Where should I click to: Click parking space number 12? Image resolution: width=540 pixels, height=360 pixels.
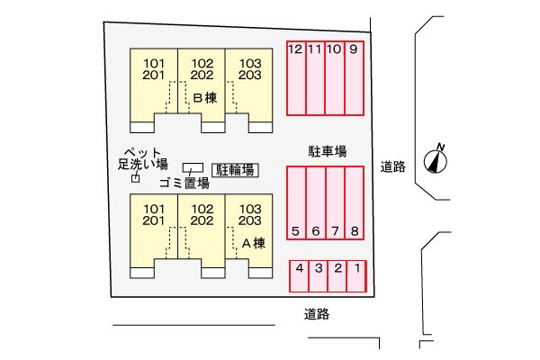(296, 78)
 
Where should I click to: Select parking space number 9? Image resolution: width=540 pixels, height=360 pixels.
(354, 78)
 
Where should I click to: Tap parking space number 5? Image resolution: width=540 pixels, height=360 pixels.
(296, 202)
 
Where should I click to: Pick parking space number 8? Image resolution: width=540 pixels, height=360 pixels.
(355, 202)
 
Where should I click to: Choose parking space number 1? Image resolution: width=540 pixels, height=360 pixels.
(357, 275)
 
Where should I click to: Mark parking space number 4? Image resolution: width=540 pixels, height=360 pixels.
(299, 275)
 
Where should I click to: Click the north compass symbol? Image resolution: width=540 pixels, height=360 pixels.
(437, 159)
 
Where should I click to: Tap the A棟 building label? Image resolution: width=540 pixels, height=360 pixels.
(253, 243)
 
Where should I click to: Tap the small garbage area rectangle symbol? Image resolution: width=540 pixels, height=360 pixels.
(193, 167)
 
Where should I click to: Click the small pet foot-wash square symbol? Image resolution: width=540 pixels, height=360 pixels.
(137, 178)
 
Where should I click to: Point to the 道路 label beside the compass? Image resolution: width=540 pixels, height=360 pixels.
(393, 166)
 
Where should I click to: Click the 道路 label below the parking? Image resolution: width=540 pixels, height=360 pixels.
(317, 314)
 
